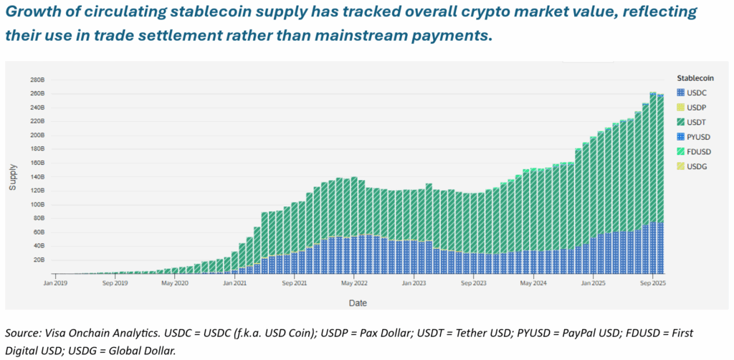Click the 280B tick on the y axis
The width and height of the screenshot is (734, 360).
(37, 80)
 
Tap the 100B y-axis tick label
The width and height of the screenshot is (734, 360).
(37, 204)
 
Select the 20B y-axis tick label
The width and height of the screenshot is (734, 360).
(38, 260)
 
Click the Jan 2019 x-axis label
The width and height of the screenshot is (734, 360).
(55, 283)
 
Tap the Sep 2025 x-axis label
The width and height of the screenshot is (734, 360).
(652, 283)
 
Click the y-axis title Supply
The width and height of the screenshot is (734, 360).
(13, 177)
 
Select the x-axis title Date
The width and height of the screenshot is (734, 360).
(358, 303)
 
